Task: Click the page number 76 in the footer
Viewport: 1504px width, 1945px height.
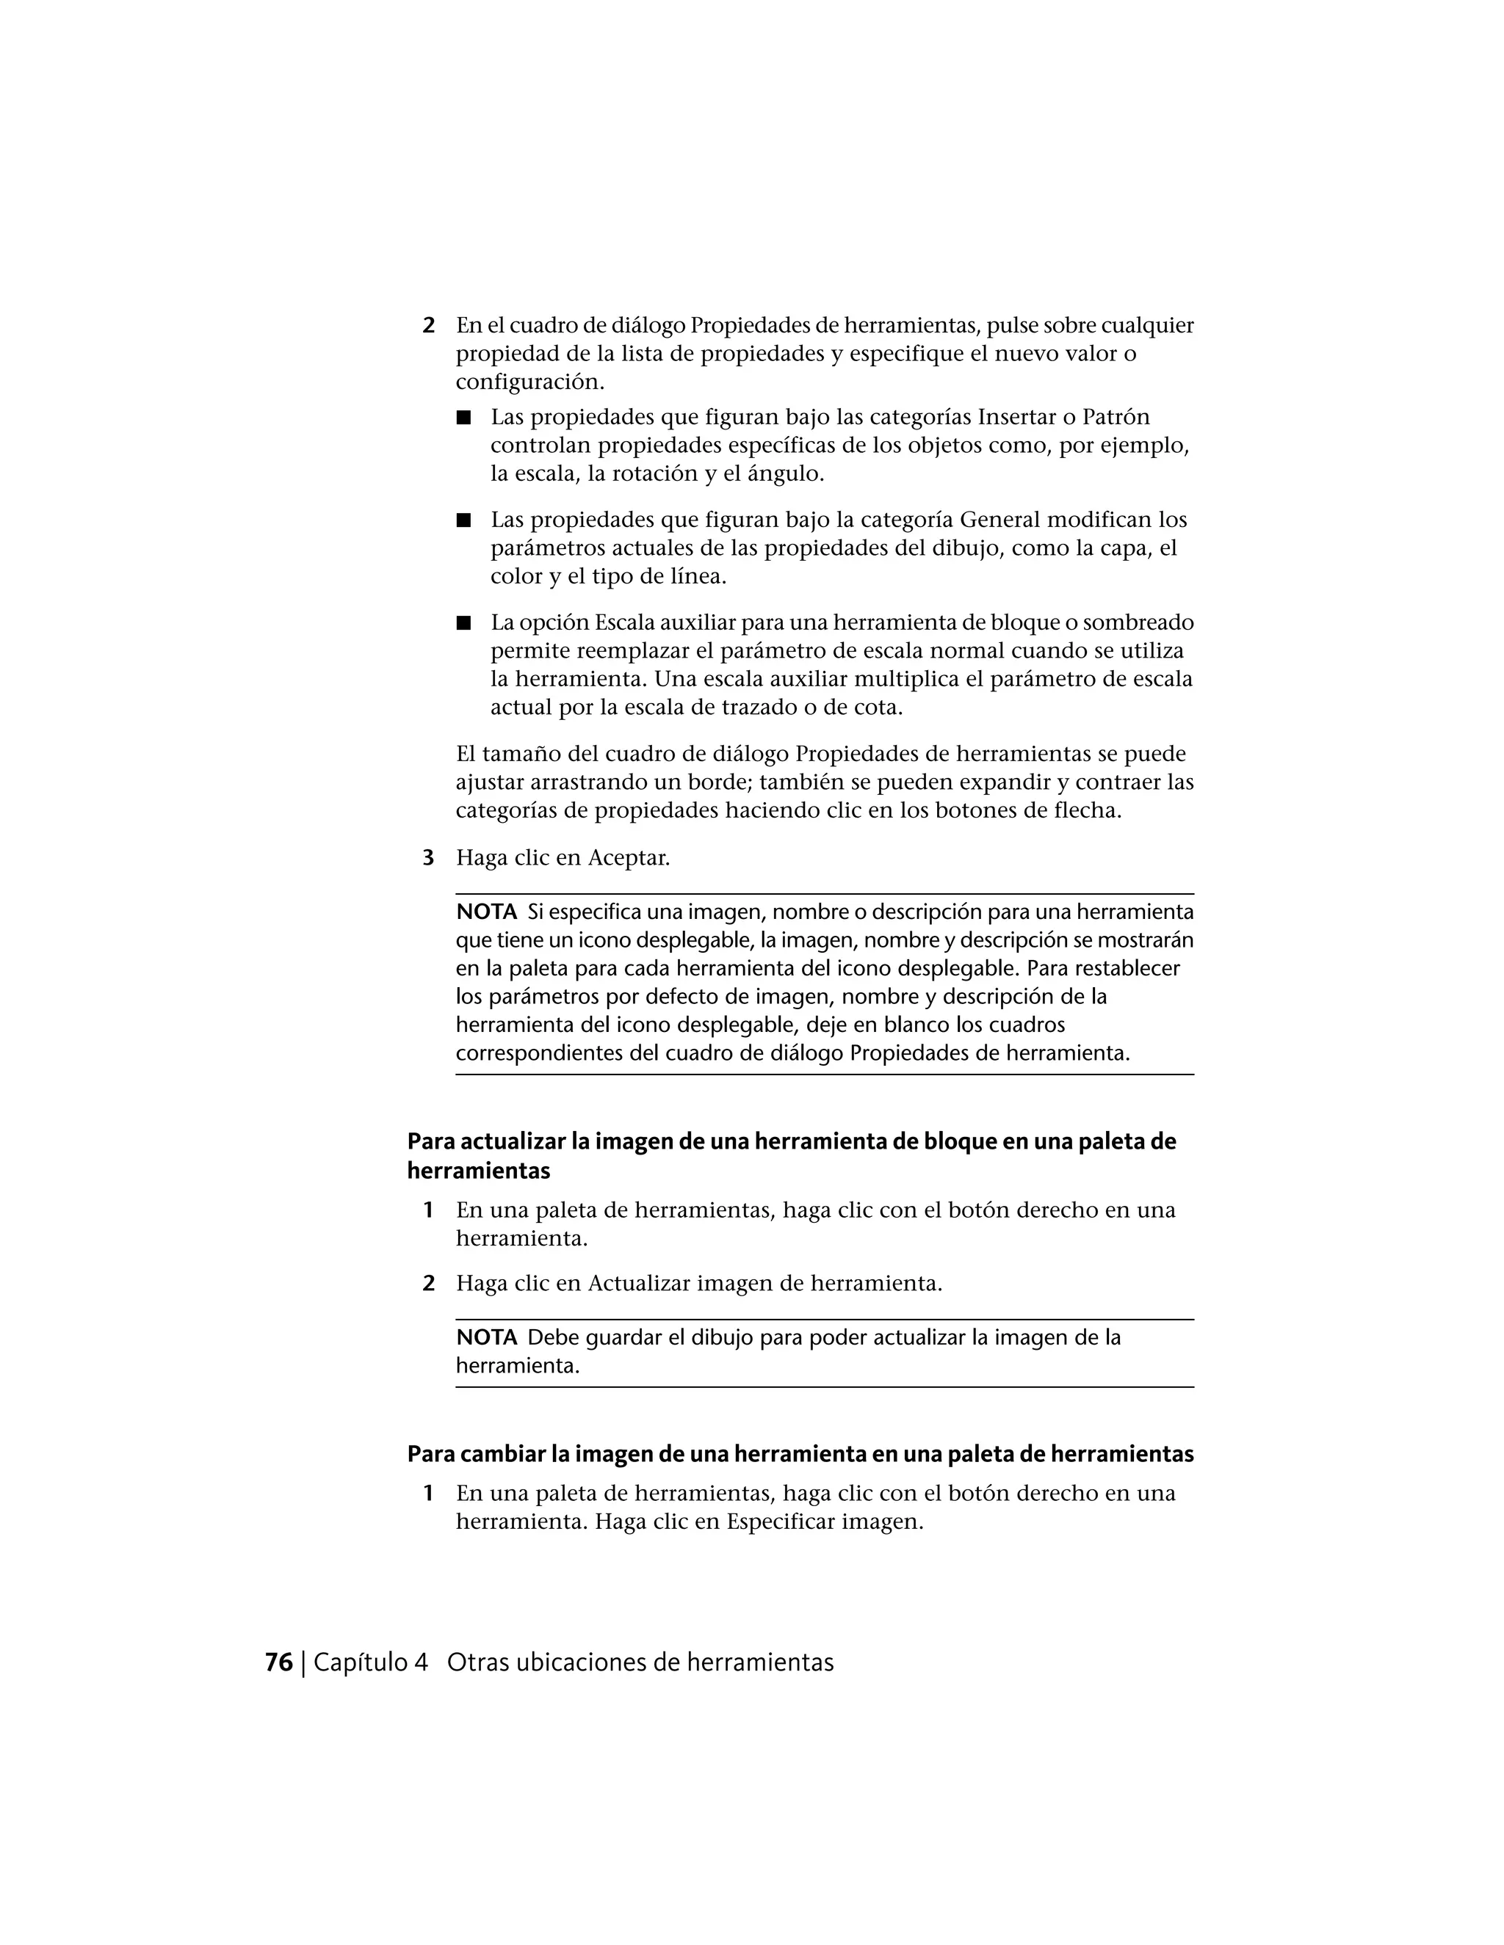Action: click(279, 1662)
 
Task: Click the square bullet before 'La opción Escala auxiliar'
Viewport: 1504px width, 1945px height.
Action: click(463, 622)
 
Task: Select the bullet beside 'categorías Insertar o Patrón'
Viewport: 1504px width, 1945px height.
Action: click(463, 417)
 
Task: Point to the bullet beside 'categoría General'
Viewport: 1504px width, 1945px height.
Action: click(463, 520)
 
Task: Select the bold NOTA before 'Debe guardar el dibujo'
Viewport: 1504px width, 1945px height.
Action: click(486, 1337)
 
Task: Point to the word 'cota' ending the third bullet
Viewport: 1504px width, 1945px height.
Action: click(877, 708)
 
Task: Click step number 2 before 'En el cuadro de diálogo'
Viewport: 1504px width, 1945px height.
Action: click(429, 326)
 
